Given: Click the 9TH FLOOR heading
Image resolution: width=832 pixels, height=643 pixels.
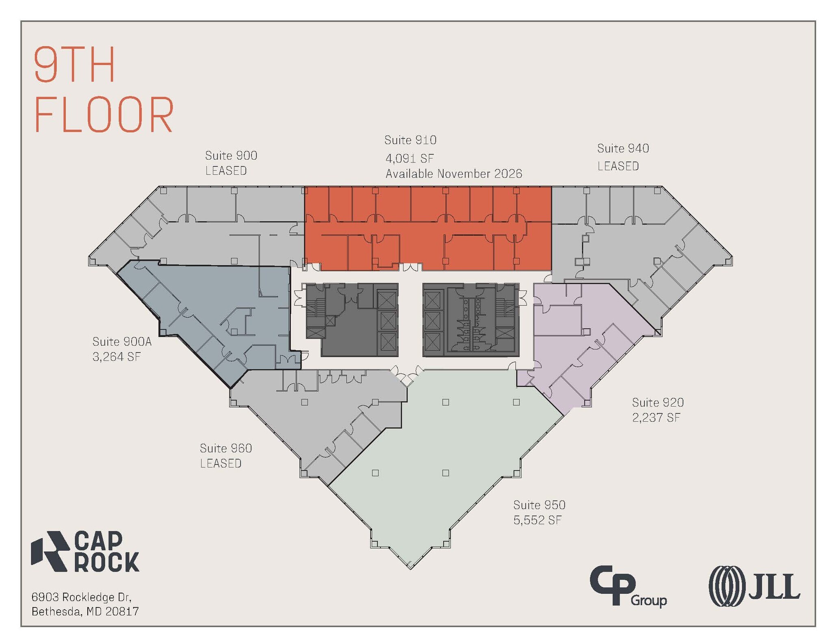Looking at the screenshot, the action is pos(104,89).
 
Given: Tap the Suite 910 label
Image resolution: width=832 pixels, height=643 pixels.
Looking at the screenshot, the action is pos(410,140).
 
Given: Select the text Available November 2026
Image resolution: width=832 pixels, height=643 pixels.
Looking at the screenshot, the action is pos(454,174).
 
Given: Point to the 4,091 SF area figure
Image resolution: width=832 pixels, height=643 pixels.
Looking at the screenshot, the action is pos(409,158).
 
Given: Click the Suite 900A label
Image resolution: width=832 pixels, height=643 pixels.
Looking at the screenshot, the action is pos(122,342).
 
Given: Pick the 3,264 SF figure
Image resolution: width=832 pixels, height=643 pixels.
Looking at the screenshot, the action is pos(117,357).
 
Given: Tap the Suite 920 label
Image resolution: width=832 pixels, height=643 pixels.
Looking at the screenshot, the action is pos(658,403).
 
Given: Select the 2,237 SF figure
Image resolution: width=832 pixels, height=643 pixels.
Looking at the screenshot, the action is pos(656,418).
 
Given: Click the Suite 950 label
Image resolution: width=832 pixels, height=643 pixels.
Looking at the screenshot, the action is pos(539,505).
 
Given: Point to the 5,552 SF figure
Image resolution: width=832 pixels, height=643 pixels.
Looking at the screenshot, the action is pos(537,520).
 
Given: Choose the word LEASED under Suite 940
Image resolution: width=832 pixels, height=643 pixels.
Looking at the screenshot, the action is pos(618,166).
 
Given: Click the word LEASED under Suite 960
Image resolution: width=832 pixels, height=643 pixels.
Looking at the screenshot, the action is pos(221,463).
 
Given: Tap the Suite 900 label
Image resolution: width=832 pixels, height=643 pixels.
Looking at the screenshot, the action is pos(231,156).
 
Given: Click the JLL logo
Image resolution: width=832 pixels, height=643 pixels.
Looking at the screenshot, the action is pos(754,586).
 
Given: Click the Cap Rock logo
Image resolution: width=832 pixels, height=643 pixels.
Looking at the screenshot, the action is pos(85,551).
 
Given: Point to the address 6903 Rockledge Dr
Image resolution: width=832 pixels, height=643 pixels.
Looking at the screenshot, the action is pos(81,597).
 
